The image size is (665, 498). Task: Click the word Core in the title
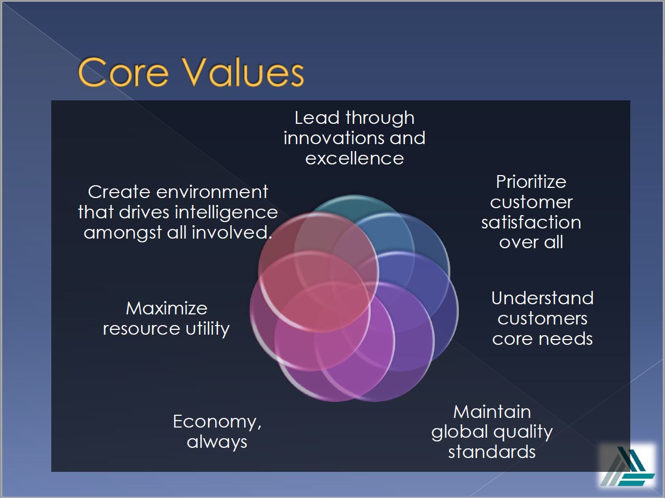pos(123,72)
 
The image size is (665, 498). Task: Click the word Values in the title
pos(243,72)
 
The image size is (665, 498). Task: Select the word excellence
pos(355,159)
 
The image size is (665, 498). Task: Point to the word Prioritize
pos(531,182)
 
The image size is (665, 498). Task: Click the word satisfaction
pos(531,223)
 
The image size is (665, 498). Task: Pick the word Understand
pos(542,298)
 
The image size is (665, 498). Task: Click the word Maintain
pos(492,412)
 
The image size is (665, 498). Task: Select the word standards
pos(492,452)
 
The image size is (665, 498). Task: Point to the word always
pos(217,442)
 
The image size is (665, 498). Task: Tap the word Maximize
pos(167,309)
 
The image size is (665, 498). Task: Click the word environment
pos(212,192)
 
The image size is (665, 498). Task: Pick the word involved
pos(231,233)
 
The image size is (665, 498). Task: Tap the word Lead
pos(317,118)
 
